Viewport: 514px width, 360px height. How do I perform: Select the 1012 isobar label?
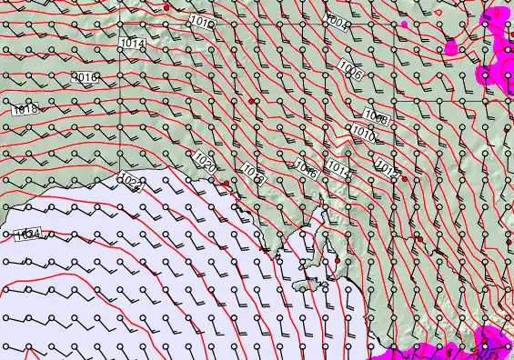click(387, 167)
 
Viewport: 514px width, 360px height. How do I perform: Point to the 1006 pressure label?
click(349, 70)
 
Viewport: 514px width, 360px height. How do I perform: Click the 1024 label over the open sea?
click(28, 235)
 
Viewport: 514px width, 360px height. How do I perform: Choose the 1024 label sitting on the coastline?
click(130, 184)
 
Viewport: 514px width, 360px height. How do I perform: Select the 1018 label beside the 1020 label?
click(253, 174)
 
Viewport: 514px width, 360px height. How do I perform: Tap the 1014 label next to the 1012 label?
click(338, 168)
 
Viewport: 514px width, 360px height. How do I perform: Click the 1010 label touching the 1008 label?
click(364, 133)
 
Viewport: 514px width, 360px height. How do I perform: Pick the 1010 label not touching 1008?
click(203, 23)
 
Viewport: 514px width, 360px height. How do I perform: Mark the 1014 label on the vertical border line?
click(131, 44)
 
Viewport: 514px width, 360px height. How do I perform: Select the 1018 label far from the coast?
click(25, 109)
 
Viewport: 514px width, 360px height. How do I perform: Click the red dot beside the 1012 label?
click(404, 178)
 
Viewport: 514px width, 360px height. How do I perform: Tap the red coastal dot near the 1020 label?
click(227, 183)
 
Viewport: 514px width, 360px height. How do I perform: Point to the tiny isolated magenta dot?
click(404, 25)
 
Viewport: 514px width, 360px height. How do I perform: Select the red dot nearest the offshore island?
click(338, 261)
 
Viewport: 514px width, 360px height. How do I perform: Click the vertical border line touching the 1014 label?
click(118, 91)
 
